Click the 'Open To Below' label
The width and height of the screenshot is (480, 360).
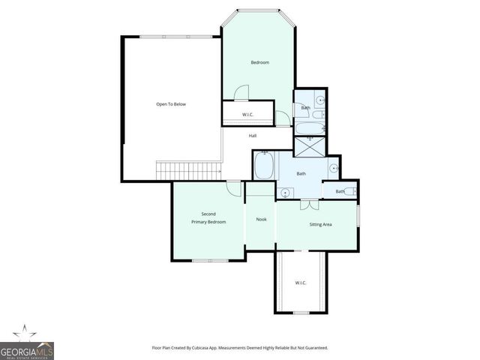tap(171, 104)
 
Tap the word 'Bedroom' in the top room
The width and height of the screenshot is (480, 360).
tap(259, 62)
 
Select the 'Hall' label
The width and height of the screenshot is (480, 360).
tap(253, 136)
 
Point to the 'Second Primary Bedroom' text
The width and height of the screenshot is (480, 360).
tap(208, 218)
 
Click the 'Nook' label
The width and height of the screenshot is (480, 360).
tap(261, 220)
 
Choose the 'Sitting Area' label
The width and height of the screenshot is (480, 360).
tap(321, 224)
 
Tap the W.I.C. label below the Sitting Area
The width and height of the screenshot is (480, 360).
tap(300, 283)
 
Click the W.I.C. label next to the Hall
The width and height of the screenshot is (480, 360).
tap(247, 115)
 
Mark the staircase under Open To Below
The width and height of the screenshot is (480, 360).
tap(188, 171)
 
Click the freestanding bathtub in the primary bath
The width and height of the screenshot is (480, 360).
tap(265, 166)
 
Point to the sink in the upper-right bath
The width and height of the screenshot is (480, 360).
tap(320, 100)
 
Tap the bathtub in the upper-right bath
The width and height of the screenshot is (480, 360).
tap(308, 128)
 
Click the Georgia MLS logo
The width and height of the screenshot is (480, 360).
tap(26, 346)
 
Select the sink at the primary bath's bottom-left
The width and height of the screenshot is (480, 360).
tap(284, 193)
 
